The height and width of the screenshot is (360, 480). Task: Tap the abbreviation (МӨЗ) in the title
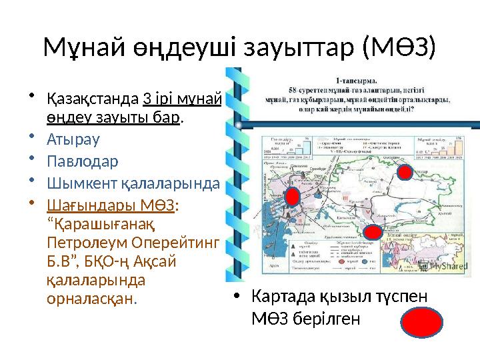[x=399, y=47]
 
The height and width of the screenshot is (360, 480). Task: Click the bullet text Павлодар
[x=82, y=161]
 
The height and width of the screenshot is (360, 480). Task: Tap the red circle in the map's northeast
[x=404, y=172]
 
